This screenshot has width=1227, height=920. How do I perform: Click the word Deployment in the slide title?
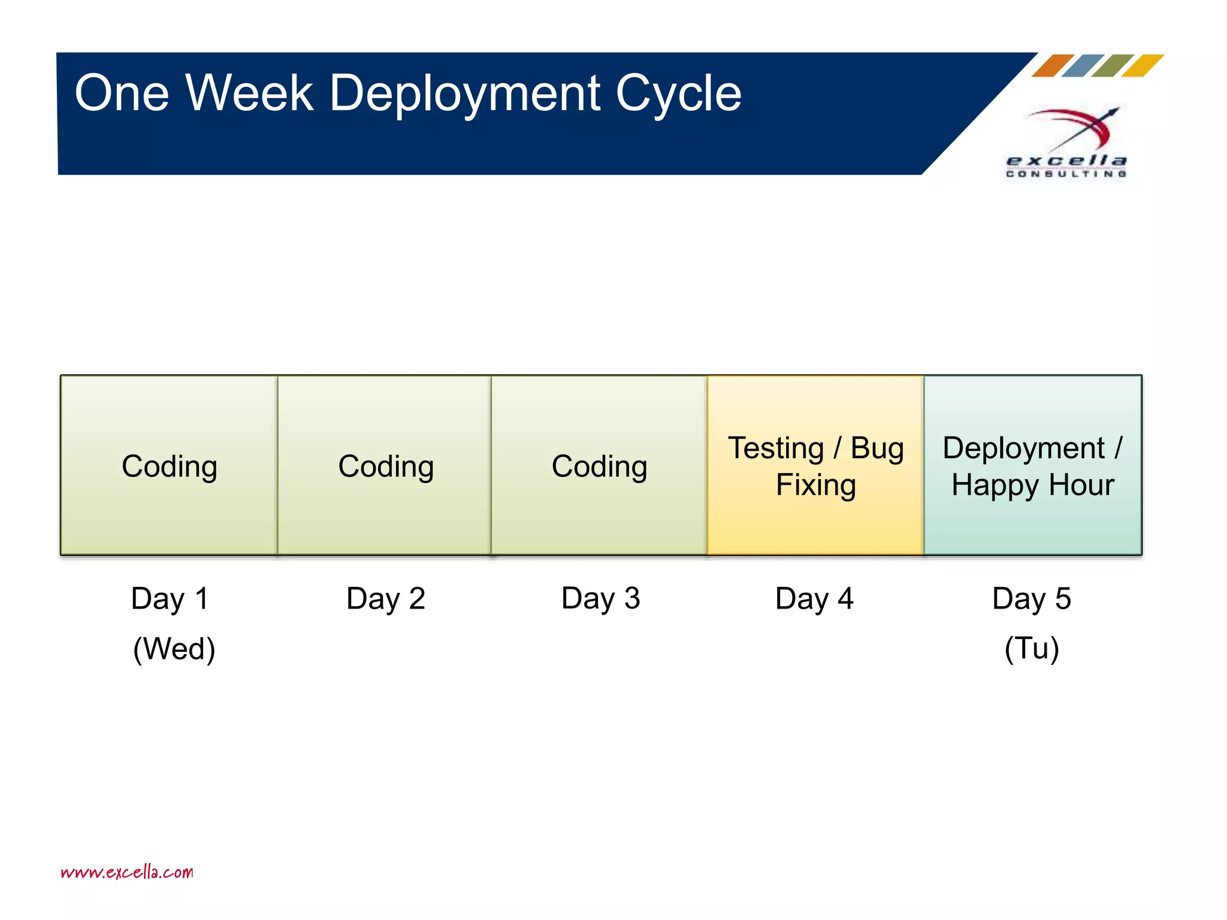465,94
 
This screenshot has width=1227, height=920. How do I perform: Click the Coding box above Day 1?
169,466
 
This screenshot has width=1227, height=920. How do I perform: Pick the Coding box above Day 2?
385,466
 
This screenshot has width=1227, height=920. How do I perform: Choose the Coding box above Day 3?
599,466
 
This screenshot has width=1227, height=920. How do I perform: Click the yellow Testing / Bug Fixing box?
815,466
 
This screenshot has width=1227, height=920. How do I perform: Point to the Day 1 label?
170,598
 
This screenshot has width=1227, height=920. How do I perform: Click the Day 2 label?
385,598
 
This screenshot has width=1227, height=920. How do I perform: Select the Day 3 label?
600,598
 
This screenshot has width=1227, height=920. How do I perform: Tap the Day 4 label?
814,598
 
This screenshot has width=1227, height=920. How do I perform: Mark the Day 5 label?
1031,598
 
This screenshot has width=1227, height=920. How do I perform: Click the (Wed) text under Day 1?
174,649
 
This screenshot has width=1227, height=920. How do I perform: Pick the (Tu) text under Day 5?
1032,648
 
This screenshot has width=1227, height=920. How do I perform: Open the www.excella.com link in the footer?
127,872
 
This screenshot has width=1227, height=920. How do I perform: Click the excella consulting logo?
1066,144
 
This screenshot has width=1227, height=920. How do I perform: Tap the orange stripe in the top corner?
1053,65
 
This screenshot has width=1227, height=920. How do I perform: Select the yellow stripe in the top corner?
1143,65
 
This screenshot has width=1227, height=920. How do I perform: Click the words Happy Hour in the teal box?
1033,485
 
